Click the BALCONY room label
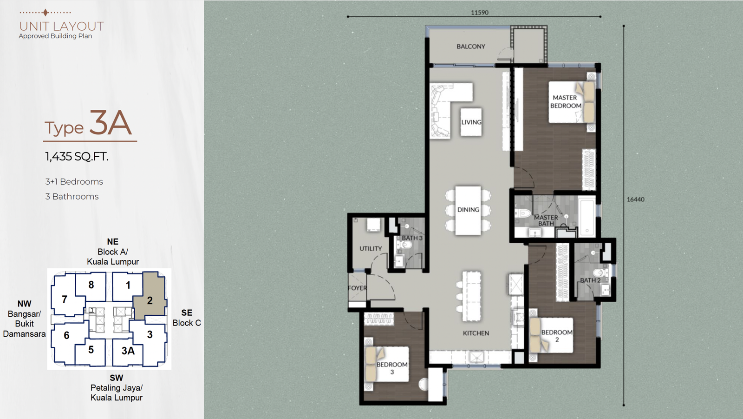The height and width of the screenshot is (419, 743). tap(471, 47)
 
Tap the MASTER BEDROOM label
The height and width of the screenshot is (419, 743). tap(566, 102)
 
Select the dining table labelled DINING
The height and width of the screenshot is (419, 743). tap(468, 210)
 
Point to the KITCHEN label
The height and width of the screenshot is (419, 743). tap(476, 333)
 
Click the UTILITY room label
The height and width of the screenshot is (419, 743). tap(371, 248)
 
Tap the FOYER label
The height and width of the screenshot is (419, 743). tap(357, 288)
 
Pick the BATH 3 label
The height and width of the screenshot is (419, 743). tap(412, 238)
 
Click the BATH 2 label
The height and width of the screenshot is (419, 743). tap(590, 280)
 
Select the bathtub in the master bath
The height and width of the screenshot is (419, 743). tap(587, 216)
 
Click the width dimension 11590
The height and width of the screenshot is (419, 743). tap(480, 13)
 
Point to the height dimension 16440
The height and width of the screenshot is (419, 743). tap(636, 200)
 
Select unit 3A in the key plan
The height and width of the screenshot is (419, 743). tap(128, 351)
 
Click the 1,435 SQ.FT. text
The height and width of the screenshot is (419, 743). tap(77, 157)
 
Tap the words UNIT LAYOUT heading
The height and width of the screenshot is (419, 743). tap(61, 26)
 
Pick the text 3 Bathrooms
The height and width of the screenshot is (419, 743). tap(72, 196)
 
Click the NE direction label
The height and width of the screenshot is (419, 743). tap(113, 241)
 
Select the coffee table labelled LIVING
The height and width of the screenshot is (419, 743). tap(471, 122)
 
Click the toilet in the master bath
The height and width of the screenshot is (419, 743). tap(523, 213)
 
